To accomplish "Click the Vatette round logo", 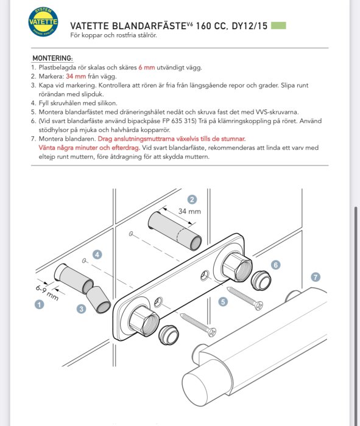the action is coord(43,22).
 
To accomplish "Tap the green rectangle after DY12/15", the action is coord(279,26).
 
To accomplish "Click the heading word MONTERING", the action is coord(52,58).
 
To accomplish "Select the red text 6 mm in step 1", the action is coord(147,68).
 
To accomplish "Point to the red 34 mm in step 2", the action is coord(76,76).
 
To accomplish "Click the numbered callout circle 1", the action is coord(39,304).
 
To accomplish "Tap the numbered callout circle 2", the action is coord(192,200).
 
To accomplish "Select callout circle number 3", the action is coord(81,309).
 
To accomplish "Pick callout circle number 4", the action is coord(97,255).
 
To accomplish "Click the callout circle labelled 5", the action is coord(223,302).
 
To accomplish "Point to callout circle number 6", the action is coord(276,265).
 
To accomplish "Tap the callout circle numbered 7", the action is coord(316,277).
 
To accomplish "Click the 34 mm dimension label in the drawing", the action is coord(189,211).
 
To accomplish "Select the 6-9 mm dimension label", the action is coord(47,293).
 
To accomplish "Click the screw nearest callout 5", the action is coord(245,298).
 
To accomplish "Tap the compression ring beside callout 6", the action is coord(261,280).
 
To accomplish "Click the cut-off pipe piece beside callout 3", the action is coord(98,299).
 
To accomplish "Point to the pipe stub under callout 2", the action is coord(175,231).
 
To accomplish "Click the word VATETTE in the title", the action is coord(90,26).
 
